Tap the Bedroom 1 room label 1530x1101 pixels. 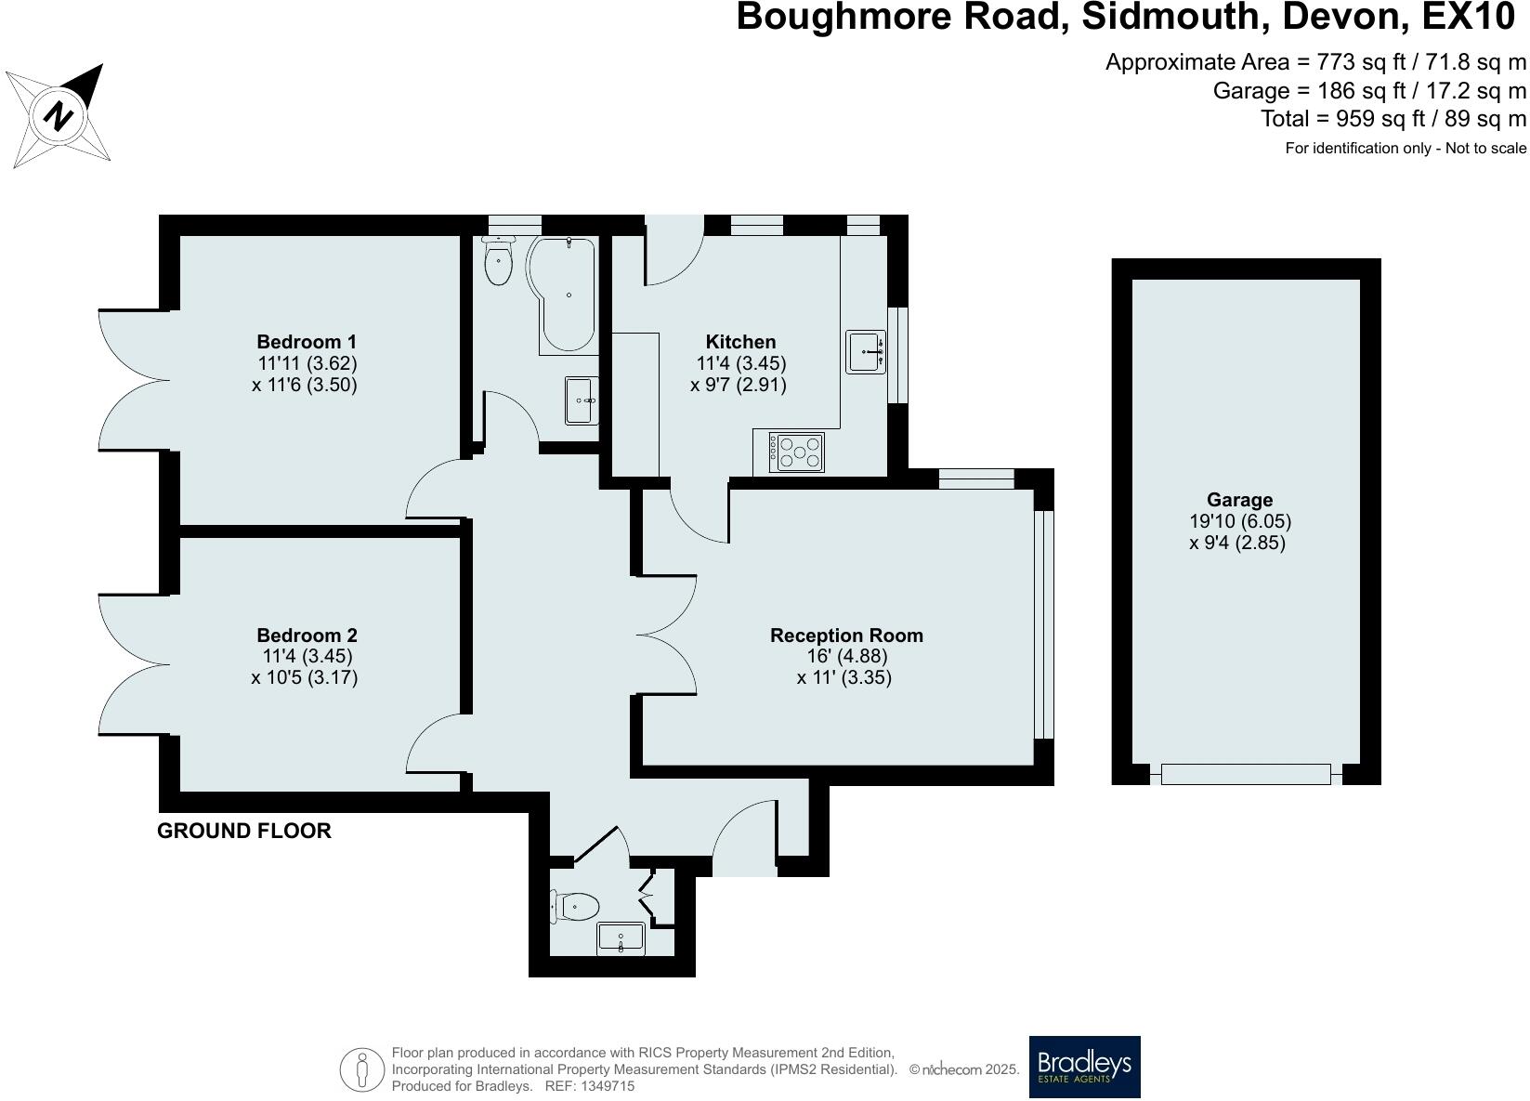[307, 342]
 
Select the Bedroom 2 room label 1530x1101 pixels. [307, 636]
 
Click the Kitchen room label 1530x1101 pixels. [740, 342]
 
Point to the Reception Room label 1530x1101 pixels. [846, 636]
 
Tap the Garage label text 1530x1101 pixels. [1239, 500]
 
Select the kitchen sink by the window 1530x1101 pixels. [865, 352]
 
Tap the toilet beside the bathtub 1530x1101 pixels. [499, 261]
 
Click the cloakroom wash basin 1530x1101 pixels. [621, 938]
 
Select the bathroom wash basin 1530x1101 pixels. [582, 400]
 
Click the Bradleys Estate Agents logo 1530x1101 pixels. [1084, 1067]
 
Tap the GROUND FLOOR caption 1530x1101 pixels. [243, 831]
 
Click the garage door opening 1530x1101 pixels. [1245, 774]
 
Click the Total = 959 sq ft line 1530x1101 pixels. [1393, 119]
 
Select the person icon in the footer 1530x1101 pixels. [361, 1069]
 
